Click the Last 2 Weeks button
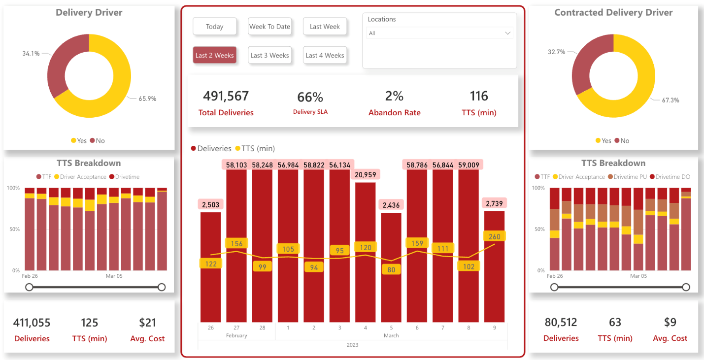pyautogui.click(x=214, y=55)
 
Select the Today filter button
pyautogui.click(x=214, y=27)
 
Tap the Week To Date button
pyautogui.click(x=269, y=27)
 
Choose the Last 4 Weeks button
pyautogui.click(x=325, y=55)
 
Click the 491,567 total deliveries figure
pyautogui.click(x=226, y=96)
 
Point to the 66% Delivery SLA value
pyautogui.click(x=310, y=97)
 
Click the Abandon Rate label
pyautogui.click(x=394, y=113)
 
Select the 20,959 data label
pyautogui.click(x=366, y=174)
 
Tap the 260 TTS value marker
pyautogui.click(x=494, y=237)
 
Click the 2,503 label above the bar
pyautogui.click(x=211, y=204)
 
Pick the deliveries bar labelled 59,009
pyautogui.click(x=470, y=246)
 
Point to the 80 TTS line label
pyautogui.click(x=391, y=270)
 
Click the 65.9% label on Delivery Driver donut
pyautogui.click(x=147, y=98)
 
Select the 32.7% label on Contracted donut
pyautogui.click(x=556, y=52)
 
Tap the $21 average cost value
pyautogui.click(x=147, y=323)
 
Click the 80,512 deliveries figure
pyautogui.click(x=561, y=323)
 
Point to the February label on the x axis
pyautogui.click(x=236, y=335)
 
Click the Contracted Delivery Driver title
pyautogui.click(x=613, y=13)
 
